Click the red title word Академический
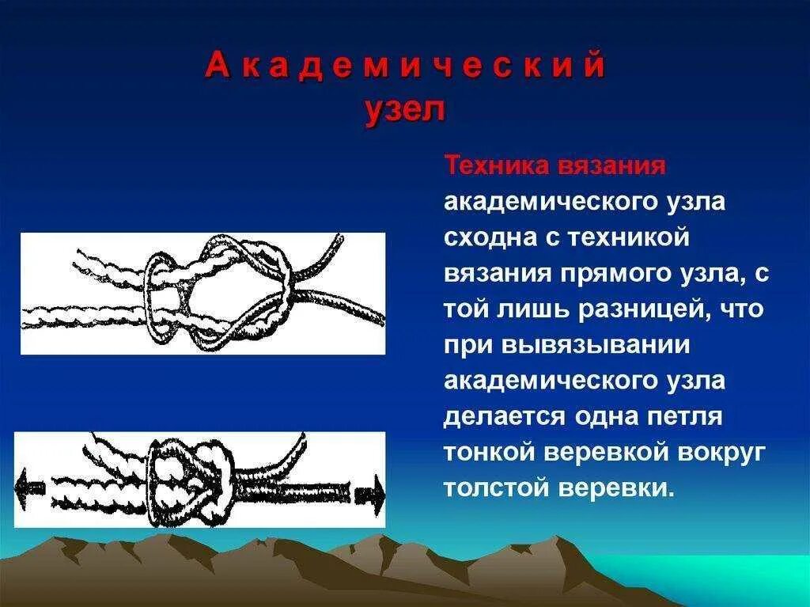405,66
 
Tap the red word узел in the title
405,110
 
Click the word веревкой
614,452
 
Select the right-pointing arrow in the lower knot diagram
370,495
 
